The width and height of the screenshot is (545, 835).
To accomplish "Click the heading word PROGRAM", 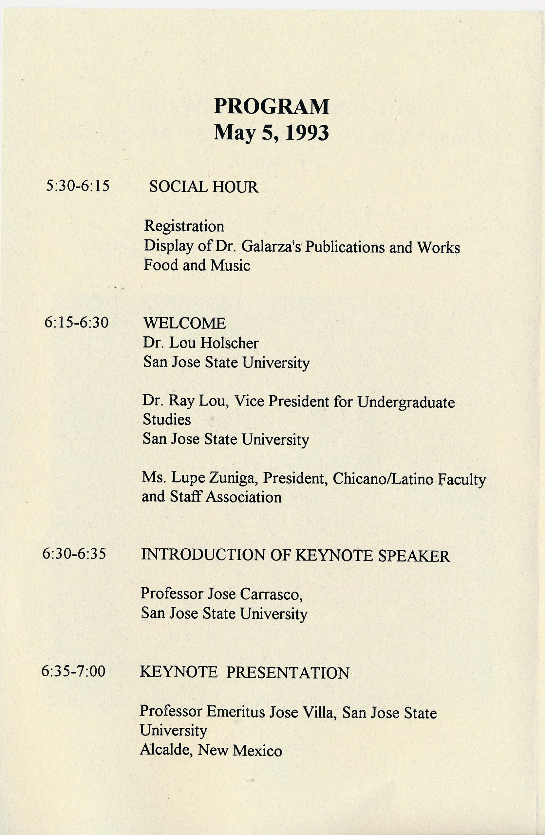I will (x=272, y=107).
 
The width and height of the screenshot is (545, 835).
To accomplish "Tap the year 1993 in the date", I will (x=307, y=133).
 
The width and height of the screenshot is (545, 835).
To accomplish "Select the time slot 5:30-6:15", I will (x=78, y=186).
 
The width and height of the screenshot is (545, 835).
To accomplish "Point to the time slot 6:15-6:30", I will (x=77, y=322).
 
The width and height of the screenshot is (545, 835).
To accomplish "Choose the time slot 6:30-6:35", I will (x=74, y=554).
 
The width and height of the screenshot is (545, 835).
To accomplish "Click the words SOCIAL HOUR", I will (x=204, y=187).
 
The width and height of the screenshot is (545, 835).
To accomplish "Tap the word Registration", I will (x=184, y=226).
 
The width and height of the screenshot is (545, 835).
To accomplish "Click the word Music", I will (x=230, y=266).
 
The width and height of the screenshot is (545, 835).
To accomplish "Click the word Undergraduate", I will (x=406, y=403).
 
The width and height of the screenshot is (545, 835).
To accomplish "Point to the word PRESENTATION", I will (x=288, y=673).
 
